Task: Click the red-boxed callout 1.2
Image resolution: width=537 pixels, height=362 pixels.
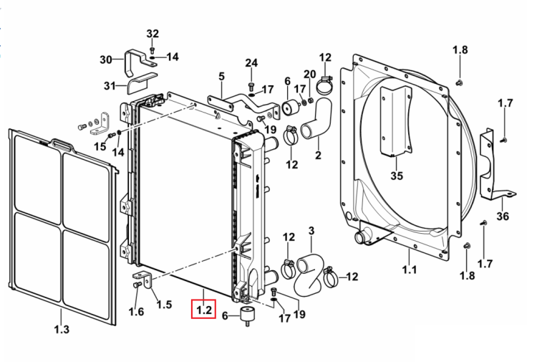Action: tap(204, 310)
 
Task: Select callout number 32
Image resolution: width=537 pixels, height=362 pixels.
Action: tap(153, 34)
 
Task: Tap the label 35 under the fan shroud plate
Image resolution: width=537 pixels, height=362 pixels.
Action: tap(397, 176)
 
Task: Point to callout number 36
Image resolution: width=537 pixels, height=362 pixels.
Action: tap(503, 216)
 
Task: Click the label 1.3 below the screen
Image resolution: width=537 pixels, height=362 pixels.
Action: tap(62, 330)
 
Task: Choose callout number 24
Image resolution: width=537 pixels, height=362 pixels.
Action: tap(251, 63)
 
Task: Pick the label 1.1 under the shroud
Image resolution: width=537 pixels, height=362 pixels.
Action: tap(410, 270)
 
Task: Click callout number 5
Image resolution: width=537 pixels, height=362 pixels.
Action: tap(221, 76)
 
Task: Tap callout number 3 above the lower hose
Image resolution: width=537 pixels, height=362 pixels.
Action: tap(311, 230)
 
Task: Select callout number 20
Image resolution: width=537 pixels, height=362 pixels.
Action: tap(309, 74)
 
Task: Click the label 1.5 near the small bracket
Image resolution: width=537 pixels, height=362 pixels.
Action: tap(164, 305)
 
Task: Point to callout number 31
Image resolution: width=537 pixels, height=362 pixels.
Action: tap(110, 85)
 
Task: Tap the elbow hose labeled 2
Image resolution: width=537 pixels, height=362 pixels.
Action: tap(317, 118)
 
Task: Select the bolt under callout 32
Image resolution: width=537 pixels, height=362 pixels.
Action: tap(153, 49)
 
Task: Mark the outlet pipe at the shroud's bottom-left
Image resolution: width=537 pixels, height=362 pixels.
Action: tap(362, 237)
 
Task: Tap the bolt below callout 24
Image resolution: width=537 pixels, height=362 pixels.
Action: tap(251, 85)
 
